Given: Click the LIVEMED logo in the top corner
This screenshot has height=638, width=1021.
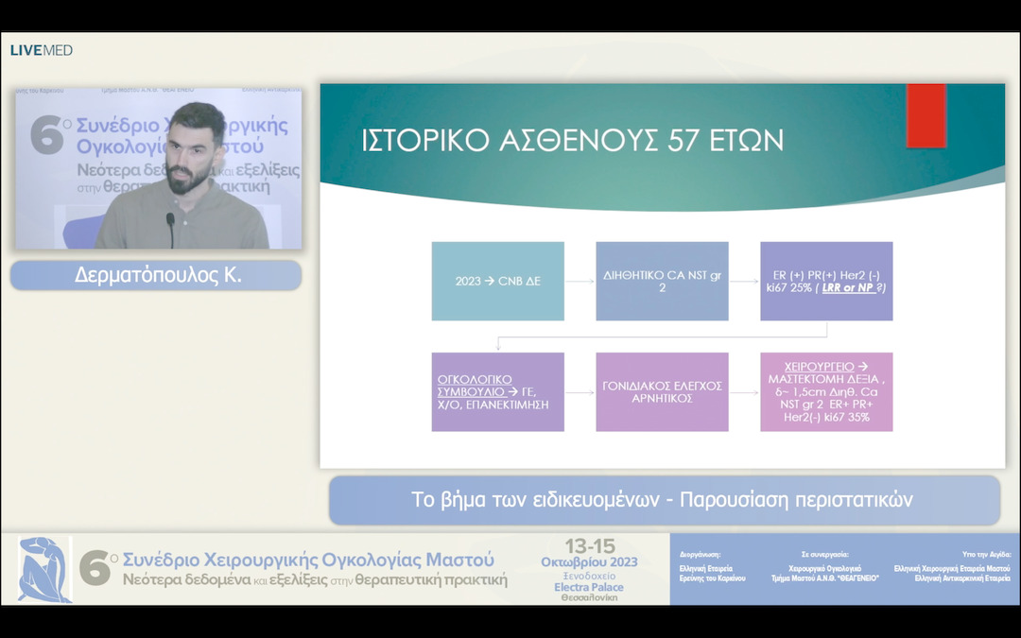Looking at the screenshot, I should pos(41,50).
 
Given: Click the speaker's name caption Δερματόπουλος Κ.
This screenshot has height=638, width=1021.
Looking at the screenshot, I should pos(157,276).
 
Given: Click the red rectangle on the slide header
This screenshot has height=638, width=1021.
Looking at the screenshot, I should pos(926,115).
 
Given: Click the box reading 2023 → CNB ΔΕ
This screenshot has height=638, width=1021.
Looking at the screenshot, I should pos(497,282).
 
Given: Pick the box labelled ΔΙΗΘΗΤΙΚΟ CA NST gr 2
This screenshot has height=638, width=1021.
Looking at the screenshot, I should pos(662,282).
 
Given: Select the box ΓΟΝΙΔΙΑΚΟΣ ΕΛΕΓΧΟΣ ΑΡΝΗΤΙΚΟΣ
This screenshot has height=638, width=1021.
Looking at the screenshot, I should pos(662,391).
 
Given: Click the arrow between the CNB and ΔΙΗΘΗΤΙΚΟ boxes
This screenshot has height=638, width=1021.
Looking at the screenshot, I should pos(580,282).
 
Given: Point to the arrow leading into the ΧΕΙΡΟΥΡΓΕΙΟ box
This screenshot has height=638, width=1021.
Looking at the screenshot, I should pos(744,391).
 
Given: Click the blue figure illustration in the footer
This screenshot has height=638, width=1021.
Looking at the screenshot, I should pos(44,569).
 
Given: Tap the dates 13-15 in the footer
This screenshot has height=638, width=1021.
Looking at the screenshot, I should pos(589,546).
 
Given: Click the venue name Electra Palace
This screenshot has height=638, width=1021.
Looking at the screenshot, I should pos(588,587).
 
